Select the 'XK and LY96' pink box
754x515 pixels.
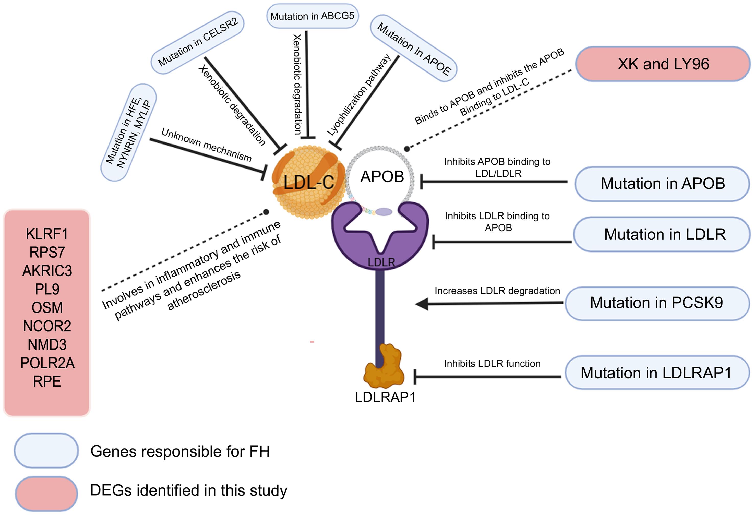663,64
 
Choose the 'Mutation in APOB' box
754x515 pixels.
662,184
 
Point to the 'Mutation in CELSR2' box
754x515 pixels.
198,42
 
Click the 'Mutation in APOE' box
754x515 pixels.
413,49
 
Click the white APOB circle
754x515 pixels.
381,177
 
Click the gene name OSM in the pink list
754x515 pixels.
47,308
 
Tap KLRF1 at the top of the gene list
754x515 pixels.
47,234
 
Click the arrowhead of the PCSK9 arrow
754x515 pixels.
422,304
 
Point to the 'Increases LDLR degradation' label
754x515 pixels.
497,291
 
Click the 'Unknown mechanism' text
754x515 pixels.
206,145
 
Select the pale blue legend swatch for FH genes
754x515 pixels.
46,450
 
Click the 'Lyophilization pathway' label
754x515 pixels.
358,95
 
